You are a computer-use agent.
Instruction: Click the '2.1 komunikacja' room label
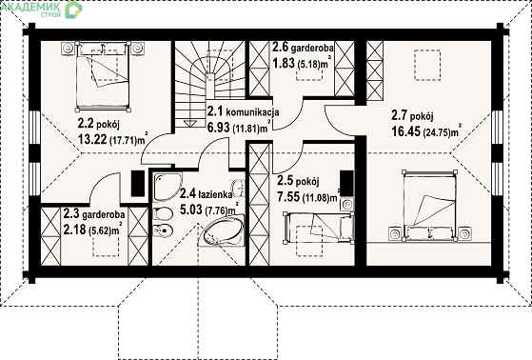(244, 111)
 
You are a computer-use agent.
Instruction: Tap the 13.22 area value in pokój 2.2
(92, 138)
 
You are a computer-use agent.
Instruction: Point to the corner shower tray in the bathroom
(167, 187)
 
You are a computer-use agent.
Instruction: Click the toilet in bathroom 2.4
(163, 214)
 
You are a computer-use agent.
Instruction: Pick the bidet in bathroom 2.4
(163, 231)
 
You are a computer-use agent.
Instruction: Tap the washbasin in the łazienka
(238, 188)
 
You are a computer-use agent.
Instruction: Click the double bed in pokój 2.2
(103, 76)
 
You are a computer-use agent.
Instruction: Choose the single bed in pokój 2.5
(318, 228)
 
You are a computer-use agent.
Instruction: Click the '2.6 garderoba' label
(303, 47)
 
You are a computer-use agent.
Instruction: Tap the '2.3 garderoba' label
(94, 214)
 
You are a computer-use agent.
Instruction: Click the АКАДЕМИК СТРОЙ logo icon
(73, 9)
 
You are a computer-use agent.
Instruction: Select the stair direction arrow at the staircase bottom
(190, 124)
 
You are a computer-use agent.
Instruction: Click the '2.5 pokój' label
(298, 181)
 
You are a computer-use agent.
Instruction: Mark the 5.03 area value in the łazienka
(191, 210)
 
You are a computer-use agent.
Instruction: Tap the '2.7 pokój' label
(412, 115)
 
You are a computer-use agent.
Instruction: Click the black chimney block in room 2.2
(138, 183)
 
